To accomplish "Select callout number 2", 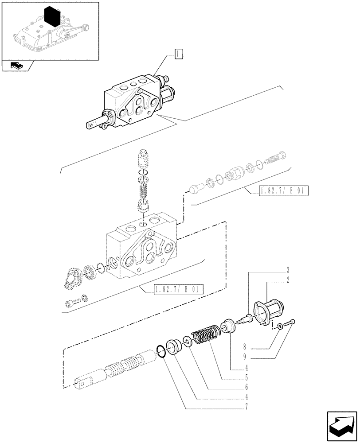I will click(275, 280).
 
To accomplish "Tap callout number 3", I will click(275, 270).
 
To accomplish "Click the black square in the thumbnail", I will click(53, 18).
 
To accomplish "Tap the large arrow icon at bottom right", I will click(341, 427).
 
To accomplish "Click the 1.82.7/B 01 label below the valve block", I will click(178, 290).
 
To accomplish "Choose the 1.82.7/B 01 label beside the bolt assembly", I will click(278, 191).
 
